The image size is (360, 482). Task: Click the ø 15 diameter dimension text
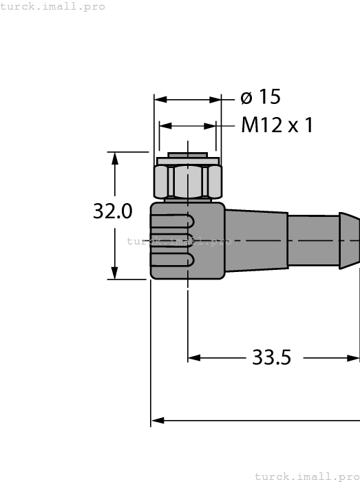pos(261,98)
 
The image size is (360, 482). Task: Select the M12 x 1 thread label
pos(277,125)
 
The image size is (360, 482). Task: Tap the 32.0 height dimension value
pos(113,211)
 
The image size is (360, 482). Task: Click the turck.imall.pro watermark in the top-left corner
pos(53,6)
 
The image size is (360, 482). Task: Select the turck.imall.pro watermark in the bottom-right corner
pos(307,476)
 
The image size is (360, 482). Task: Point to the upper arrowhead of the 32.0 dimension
pos(115,158)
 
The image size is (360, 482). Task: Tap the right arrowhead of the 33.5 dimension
pos(354,358)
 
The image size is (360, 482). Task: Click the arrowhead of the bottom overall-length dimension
pos(157,419)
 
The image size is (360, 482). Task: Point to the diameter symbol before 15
pos(246,98)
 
